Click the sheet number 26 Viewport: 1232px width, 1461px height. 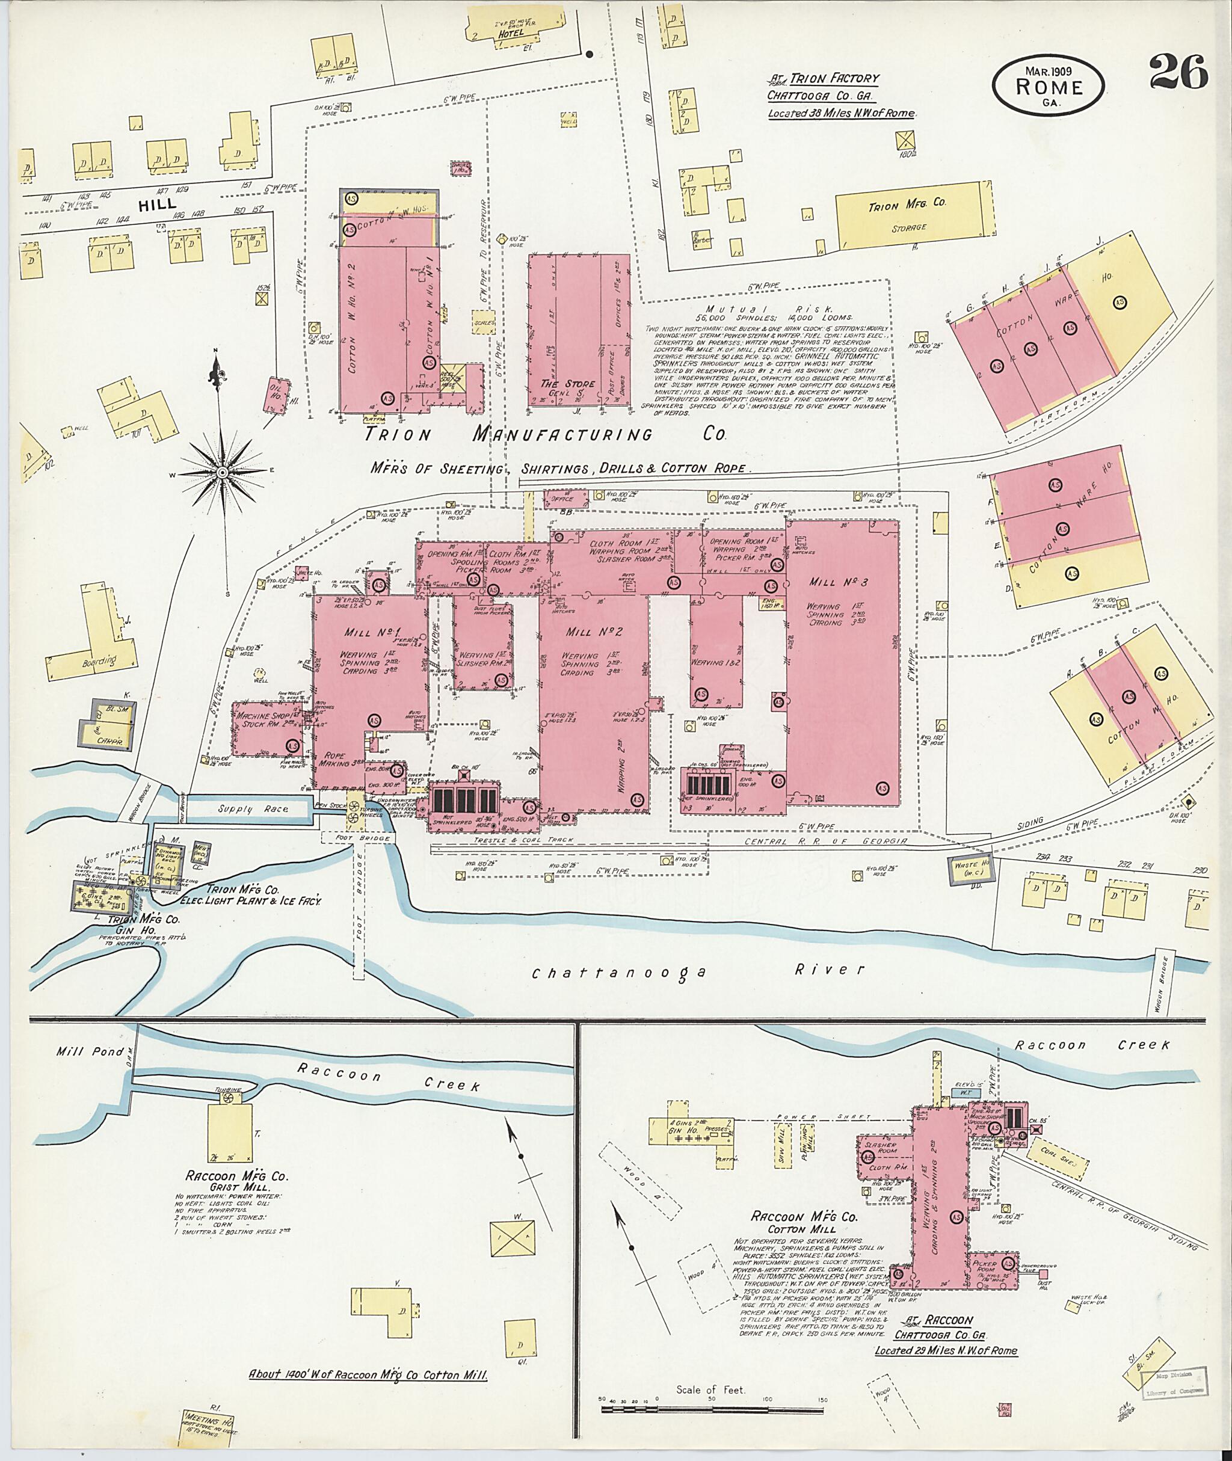click(x=1178, y=73)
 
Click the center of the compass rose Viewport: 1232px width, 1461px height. click(x=223, y=473)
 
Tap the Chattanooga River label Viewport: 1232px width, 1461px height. click(x=698, y=971)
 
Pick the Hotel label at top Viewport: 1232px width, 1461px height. click(x=511, y=32)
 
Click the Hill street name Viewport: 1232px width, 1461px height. click(x=157, y=205)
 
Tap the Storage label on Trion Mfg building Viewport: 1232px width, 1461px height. click(x=908, y=228)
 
